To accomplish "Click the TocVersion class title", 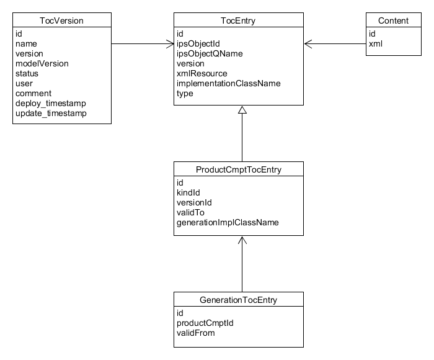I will (x=61, y=20).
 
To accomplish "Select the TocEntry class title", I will (x=238, y=20).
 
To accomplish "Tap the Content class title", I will (x=393, y=20).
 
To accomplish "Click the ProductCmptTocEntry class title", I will (x=238, y=169).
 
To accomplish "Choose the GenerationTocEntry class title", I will (x=238, y=300).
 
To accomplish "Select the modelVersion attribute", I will (x=42, y=63).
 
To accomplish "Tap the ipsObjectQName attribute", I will (x=210, y=53).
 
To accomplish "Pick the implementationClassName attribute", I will (x=228, y=83).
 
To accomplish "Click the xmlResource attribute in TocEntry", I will (x=201, y=73).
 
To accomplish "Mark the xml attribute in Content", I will (x=376, y=43).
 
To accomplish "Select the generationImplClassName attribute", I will (x=228, y=222).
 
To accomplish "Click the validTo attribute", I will (x=190, y=212).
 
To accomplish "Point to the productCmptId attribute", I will (x=205, y=323).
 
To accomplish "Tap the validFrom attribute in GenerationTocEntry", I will (x=195, y=333).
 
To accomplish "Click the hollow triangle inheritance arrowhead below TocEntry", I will (x=242, y=110).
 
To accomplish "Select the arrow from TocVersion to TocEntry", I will (x=143, y=43).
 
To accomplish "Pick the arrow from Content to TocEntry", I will (x=335, y=43).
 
